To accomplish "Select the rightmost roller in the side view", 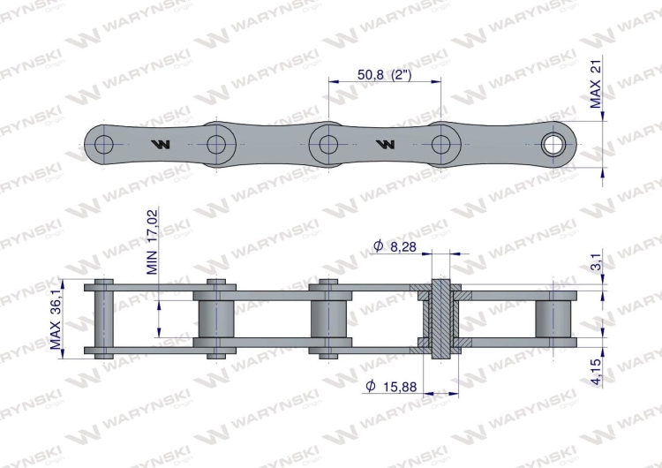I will [553, 318].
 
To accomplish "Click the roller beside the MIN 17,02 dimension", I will [215, 318].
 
